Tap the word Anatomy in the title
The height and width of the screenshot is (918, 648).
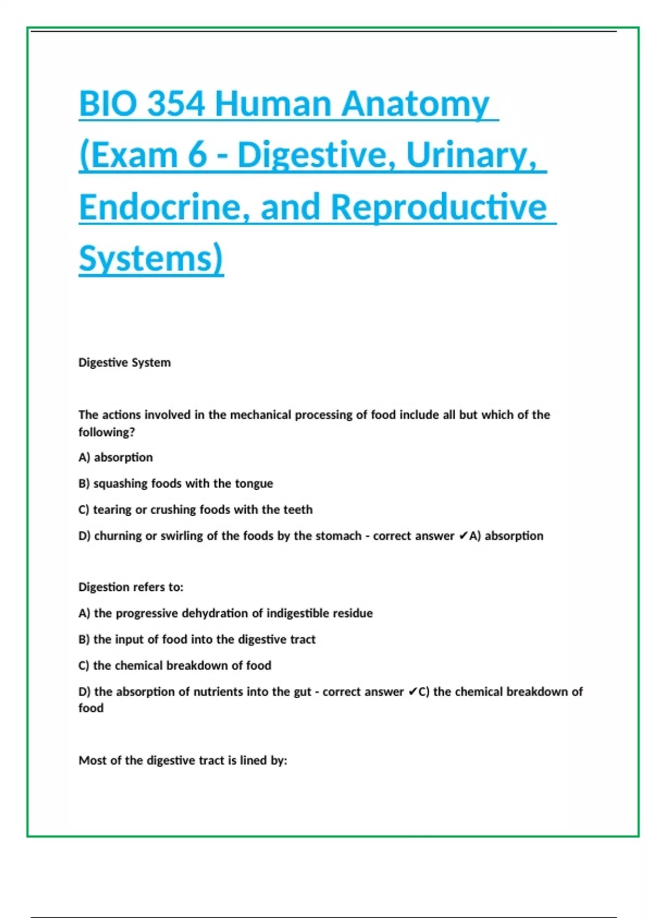(x=415, y=104)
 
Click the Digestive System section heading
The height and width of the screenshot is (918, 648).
(x=124, y=362)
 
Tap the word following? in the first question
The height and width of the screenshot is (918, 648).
(x=106, y=432)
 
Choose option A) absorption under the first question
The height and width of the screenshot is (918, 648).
(x=116, y=457)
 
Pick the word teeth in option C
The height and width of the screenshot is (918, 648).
(x=298, y=510)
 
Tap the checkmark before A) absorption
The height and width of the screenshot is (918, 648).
(x=463, y=536)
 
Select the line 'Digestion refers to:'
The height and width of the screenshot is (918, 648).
(x=131, y=587)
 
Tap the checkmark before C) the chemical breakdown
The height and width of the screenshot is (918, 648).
(x=412, y=692)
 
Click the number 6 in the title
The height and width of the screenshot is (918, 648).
(x=198, y=156)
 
